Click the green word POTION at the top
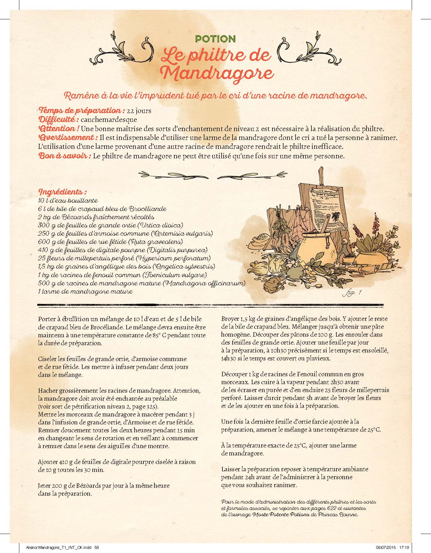[215, 39]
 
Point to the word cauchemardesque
[109, 120]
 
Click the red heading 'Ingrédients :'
[62, 192]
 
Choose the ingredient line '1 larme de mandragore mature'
[85, 291]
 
